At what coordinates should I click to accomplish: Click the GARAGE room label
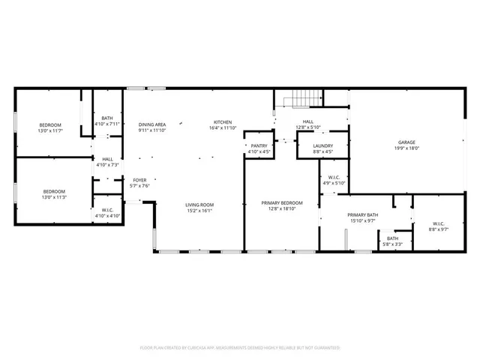pos(406,142)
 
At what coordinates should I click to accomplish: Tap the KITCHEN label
pos(223,122)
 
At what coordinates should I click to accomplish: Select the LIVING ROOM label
pos(200,205)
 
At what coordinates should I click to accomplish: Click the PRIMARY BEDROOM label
pos(282,203)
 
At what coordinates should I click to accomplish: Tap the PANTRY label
pos(259,146)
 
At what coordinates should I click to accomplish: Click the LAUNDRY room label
pos(323,146)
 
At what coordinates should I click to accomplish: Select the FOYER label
pos(140,180)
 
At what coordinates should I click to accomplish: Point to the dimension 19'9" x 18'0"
pos(406,148)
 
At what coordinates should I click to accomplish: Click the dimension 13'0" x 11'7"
pos(50,131)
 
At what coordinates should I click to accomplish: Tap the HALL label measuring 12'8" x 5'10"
pos(307,121)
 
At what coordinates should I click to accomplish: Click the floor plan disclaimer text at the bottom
pos(240,348)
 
